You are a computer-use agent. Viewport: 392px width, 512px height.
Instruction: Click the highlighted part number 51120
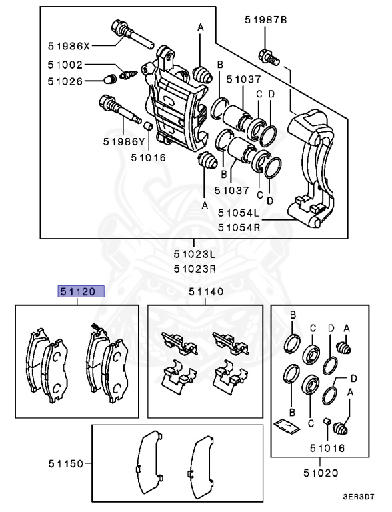click(x=79, y=291)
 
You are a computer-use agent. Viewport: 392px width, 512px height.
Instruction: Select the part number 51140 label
click(x=205, y=291)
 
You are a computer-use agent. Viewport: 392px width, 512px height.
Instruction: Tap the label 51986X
click(x=69, y=46)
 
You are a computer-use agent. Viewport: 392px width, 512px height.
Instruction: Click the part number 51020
click(x=320, y=473)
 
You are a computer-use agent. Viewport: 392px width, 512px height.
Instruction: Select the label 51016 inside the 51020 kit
click(x=325, y=447)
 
